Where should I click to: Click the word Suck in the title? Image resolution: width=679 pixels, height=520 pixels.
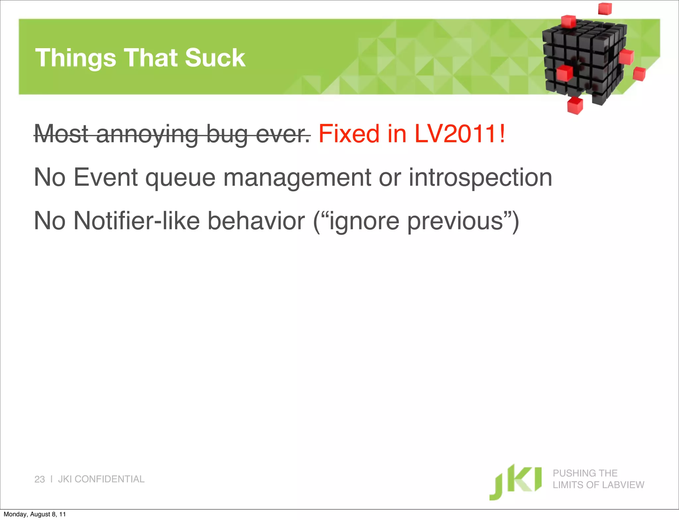pos(215,58)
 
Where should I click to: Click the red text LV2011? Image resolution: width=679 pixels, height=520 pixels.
pos(460,134)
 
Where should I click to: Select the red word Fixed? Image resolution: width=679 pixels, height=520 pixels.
pos(349,134)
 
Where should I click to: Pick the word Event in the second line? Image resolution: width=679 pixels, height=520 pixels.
pos(105,177)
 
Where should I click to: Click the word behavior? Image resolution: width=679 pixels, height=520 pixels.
pos(256,221)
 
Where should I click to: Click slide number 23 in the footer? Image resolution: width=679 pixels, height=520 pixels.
pos(39,479)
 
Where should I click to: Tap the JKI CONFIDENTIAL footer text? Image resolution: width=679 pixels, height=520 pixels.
pos(101,479)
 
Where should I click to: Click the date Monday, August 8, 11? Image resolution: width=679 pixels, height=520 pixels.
pos(34,514)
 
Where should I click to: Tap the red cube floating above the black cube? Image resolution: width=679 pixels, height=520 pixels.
pos(605,8)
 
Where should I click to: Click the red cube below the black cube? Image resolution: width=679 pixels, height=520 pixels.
pos(575,105)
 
